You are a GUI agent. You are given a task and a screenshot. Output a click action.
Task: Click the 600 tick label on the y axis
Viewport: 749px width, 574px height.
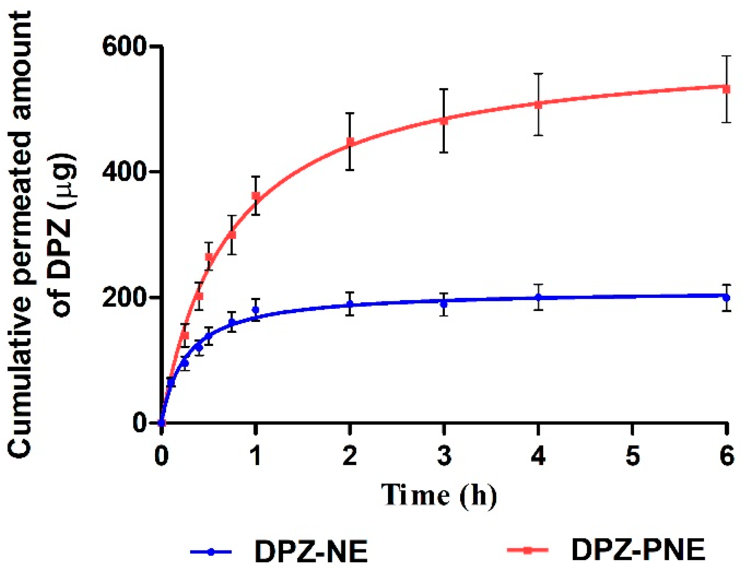click(x=123, y=46)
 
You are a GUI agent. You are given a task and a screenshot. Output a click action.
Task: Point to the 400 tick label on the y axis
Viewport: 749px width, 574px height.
click(x=123, y=172)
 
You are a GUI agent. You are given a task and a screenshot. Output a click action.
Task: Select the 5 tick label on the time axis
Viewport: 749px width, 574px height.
click(x=632, y=456)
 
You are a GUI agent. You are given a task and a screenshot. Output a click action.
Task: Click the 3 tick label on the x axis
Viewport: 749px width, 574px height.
click(x=444, y=456)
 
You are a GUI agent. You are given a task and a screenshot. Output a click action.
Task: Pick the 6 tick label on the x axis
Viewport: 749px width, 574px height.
click(x=727, y=456)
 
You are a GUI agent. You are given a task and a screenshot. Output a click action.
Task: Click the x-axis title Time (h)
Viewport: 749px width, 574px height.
click(x=439, y=495)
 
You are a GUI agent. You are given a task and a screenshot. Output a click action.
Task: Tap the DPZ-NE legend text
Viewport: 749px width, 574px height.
click(x=311, y=551)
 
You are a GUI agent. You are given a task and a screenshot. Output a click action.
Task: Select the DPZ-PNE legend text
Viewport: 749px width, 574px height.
click(x=638, y=550)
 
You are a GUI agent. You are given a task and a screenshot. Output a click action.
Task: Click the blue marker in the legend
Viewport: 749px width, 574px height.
click(x=211, y=552)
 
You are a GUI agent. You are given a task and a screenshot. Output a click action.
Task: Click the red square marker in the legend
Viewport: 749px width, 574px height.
click(x=528, y=550)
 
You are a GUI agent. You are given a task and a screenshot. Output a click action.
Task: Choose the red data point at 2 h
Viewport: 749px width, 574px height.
click(x=350, y=142)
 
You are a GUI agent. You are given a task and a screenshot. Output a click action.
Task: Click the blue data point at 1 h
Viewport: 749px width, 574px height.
click(x=256, y=310)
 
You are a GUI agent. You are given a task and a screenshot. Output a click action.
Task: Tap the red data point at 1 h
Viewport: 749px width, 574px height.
click(x=256, y=196)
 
